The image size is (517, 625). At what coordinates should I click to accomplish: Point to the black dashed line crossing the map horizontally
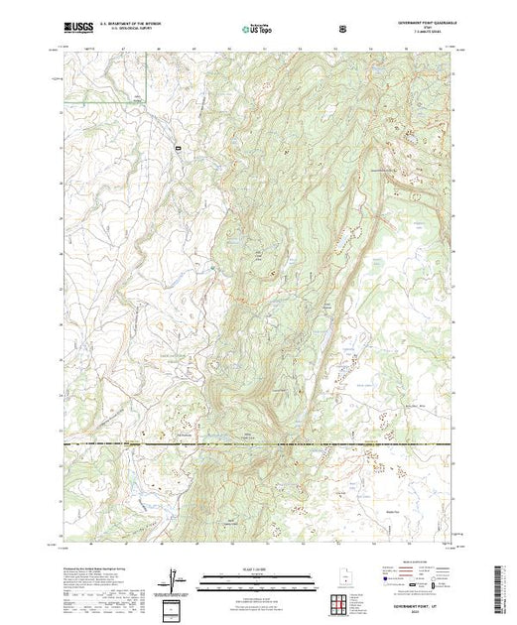point(258,443)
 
